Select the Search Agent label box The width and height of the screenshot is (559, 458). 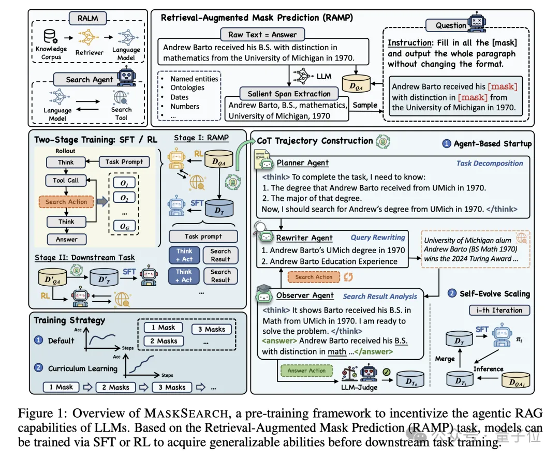pos(89,80)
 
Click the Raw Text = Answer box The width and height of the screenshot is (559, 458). pos(262,35)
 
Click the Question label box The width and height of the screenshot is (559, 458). pos(450,25)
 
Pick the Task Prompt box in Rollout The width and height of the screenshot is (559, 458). pos(124,162)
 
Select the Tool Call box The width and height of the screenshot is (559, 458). pos(66,181)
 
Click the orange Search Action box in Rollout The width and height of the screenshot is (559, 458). pos(66,202)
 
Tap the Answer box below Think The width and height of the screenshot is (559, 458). pos(66,240)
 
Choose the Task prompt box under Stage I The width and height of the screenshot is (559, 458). pos(203,237)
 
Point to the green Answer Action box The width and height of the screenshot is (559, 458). pos(307,371)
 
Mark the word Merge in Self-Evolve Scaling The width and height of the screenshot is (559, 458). pos(445,358)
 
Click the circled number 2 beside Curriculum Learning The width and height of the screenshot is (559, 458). pos(38,368)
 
